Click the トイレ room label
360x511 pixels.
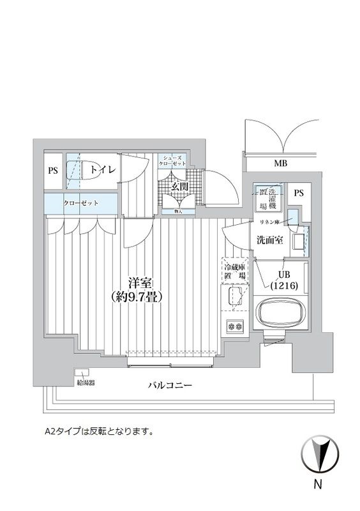(x=103, y=169)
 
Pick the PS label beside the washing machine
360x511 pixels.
(x=298, y=193)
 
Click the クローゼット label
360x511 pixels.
(x=80, y=203)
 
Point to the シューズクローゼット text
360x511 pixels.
(x=174, y=160)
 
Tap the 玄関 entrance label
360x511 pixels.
(x=179, y=187)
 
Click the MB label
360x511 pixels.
(x=280, y=164)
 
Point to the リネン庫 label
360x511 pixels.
(x=270, y=222)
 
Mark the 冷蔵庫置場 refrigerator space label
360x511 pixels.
(x=234, y=271)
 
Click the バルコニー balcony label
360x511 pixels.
(x=170, y=386)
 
